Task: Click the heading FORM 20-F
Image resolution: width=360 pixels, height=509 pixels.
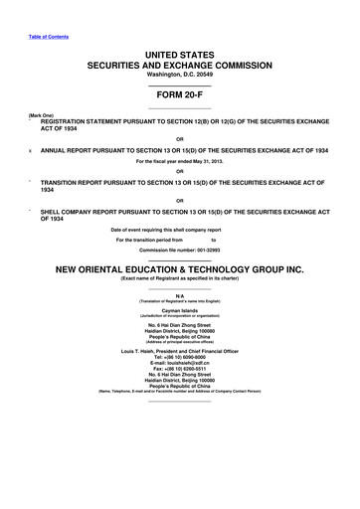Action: click(179, 97)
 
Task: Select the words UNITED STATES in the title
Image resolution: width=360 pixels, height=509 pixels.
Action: click(179, 51)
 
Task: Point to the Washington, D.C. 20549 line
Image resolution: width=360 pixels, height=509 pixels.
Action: click(179, 75)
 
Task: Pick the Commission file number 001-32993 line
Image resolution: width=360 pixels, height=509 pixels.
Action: click(179, 248)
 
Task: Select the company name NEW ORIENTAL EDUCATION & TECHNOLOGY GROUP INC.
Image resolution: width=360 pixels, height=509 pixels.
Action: click(179, 268)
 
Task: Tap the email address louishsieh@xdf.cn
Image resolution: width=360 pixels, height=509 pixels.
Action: click(179, 365)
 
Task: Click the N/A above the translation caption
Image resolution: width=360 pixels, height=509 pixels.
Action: click(179, 295)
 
